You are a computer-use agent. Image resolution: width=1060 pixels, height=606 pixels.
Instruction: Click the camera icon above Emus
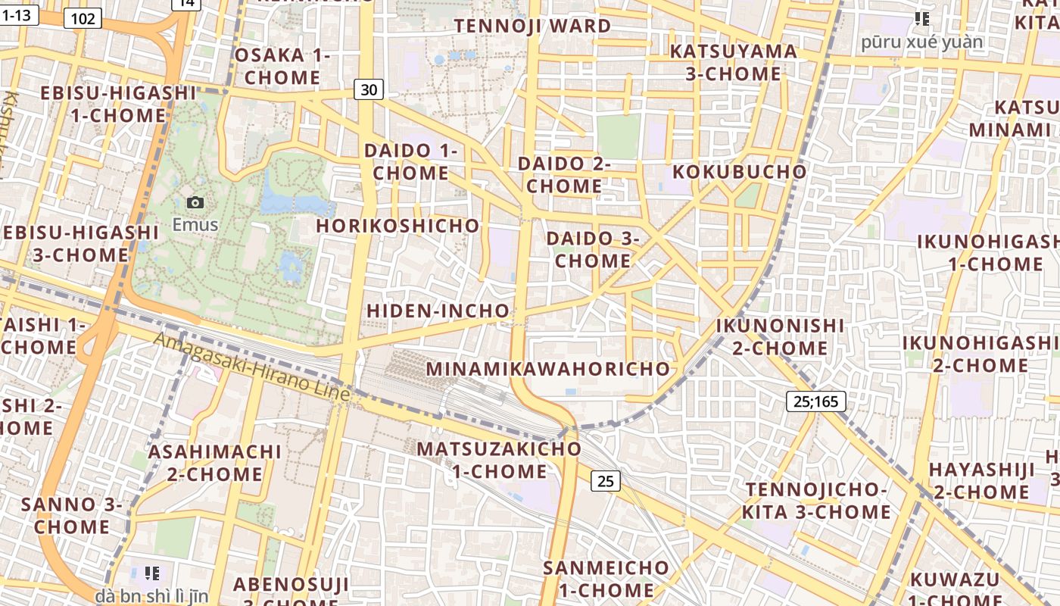[x=195, y=202]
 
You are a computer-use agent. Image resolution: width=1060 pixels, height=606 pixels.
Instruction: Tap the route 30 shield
[x=369, y=90]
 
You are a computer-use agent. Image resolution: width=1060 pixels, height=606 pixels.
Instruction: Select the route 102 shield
[x=83, y=18]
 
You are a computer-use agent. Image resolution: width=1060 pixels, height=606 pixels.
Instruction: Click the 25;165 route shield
[x=815, y=401]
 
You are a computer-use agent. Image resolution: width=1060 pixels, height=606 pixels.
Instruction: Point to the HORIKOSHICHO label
[x=397, y=226]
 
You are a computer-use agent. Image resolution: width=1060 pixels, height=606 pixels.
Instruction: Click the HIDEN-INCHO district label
[x=438, y=311]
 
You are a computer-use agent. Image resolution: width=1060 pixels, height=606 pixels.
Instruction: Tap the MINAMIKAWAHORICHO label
[x=548, y=369]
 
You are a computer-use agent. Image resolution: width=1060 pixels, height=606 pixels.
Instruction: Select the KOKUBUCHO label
[x=739, y=171]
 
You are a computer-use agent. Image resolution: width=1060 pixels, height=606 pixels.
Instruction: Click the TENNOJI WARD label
[x=532, y=26]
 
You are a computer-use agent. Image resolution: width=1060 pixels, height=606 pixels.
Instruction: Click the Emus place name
[x=195, y=225]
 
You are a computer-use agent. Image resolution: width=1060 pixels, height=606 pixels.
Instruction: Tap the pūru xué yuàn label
[x=921, y=42]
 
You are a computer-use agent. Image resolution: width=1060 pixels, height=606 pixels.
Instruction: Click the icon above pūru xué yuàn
[x=921, y=18]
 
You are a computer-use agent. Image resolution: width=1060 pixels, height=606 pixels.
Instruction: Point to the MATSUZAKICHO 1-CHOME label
[x=500, y=460]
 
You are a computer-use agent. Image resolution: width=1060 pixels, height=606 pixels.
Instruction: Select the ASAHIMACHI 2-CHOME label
[x=214, y=463]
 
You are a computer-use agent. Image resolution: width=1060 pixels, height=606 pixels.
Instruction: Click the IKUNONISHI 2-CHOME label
[x=780, y=337]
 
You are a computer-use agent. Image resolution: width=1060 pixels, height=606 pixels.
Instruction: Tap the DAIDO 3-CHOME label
[x=592, y=249]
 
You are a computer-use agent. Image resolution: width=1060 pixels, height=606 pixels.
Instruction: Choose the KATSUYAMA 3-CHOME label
[x=733, y=62]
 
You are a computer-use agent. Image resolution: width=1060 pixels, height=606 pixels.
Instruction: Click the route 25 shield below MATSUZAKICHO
[x=605, y=480]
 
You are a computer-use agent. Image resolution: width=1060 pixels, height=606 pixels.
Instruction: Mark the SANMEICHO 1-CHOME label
[x=606, y=579]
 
